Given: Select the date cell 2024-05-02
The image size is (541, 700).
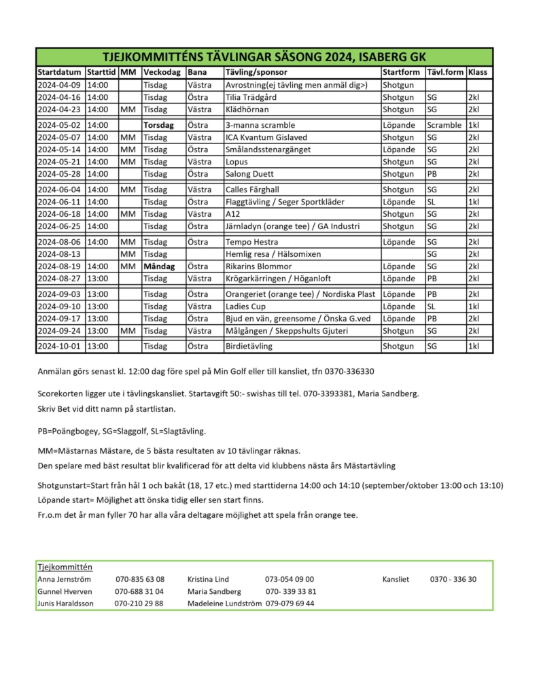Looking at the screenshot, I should point(59,125).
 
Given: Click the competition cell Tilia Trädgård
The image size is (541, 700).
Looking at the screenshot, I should point(251,97).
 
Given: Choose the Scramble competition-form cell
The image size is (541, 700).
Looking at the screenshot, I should point(444,125).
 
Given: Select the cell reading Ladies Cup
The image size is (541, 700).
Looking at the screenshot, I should point(246,306).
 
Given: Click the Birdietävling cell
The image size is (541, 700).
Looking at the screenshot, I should point(249,346).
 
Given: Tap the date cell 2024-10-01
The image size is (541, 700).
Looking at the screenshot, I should point(59,346).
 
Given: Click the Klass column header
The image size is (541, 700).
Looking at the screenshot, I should point(477,72).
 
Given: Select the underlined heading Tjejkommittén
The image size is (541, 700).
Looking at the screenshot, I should point(65,567).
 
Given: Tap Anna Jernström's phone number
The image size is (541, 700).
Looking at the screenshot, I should point(140,579).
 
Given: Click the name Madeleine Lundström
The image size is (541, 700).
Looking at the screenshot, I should point(225,603).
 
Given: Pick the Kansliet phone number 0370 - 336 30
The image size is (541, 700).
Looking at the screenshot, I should point(453,579).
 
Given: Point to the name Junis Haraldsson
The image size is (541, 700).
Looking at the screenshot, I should point(66,603).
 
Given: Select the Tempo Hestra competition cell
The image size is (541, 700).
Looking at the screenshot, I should point(247,241).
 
